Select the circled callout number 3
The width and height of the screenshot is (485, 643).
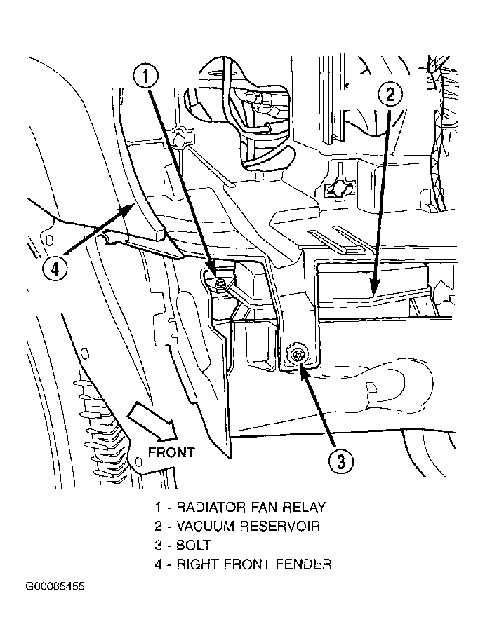tap(340, 461)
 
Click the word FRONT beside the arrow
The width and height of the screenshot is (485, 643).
tap(171, 452)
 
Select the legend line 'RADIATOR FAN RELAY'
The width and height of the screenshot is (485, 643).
tap(241, 507)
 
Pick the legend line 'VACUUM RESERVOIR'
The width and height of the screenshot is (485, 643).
tap(238, 526)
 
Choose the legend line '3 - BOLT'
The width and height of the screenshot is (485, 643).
tap(183, 545)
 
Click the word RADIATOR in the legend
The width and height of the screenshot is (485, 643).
tap(208, 507)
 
